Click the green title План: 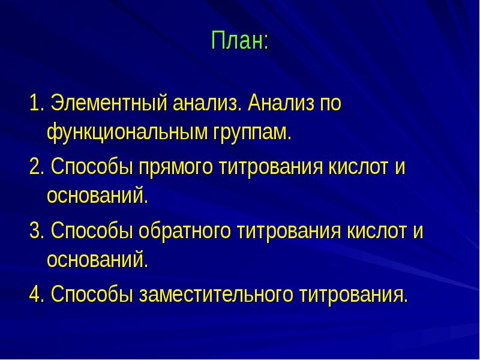239,41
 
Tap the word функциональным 127,132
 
